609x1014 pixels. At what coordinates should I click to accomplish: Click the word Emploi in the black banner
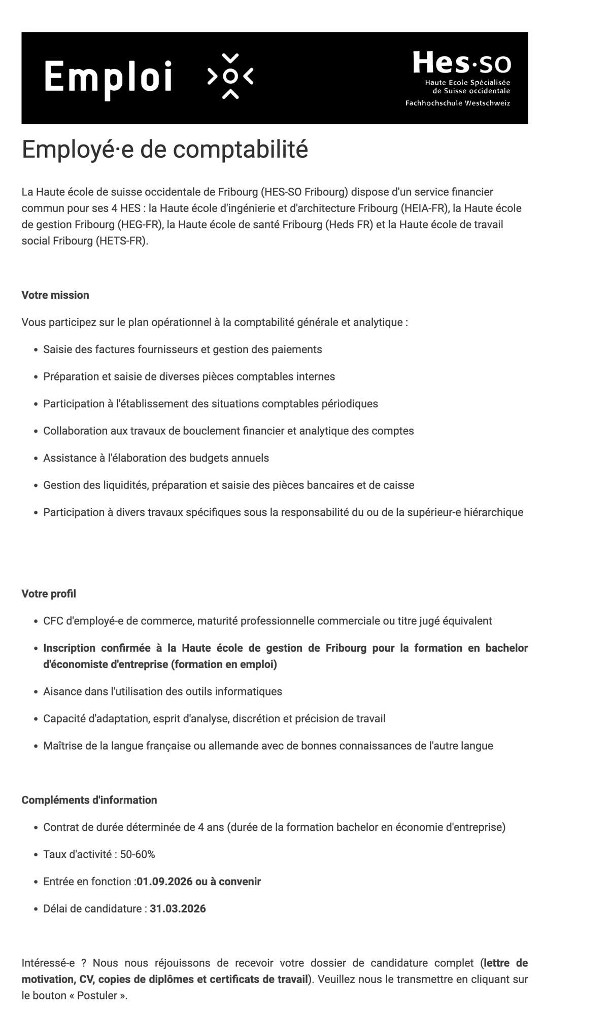point(108,78)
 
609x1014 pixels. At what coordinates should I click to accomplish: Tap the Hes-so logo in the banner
point(461,63)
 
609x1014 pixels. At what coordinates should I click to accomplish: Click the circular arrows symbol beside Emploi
point(230,76)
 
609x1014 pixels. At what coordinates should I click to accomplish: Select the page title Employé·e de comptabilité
point(165,149)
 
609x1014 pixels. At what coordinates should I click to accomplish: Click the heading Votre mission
point(55,295)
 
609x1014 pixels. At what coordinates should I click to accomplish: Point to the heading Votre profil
point(49,593)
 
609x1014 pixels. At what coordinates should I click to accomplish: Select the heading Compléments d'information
point(89,800)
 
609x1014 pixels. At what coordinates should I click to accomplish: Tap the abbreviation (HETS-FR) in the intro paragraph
point(122,240)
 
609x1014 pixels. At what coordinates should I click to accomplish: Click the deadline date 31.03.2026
point(178,908)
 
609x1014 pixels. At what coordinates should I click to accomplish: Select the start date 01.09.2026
point(164,882)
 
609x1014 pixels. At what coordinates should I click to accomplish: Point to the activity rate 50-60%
point(138,854)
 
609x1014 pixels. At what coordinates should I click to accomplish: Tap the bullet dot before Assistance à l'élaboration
point(36,459)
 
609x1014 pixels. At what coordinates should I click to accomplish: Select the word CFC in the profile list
point(53,621)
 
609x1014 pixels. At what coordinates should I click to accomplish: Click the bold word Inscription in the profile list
point(69,648)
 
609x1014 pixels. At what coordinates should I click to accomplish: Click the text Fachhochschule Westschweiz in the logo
point(457,103)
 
